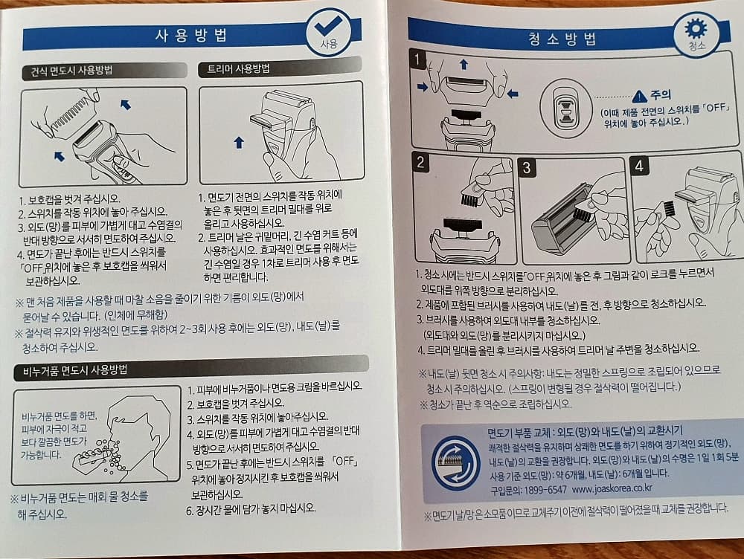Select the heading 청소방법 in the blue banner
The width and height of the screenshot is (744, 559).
click(562, 39)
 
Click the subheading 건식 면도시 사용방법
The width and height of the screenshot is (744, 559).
click(71, 71)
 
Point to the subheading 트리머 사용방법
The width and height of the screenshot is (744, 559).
click(238, 68)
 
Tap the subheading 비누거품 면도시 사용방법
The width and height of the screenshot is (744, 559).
click(75, 370)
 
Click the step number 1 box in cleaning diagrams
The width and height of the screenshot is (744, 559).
click(417, 59)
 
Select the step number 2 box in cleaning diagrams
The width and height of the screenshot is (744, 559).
click(420, 162)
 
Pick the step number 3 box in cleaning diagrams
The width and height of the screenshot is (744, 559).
click(527, 168)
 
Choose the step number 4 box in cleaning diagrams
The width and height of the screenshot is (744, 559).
click(638, 166)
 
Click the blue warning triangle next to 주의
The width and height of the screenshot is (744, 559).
click(640, 96)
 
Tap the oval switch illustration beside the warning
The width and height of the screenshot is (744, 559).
click(565, 109)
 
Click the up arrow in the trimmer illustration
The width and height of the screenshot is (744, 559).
click(239, 142)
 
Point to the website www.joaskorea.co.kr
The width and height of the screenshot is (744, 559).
click(612, 488)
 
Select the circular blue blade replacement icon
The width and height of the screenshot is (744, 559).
click(455, 463)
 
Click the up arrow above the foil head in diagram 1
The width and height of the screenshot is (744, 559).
click(464, 64)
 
